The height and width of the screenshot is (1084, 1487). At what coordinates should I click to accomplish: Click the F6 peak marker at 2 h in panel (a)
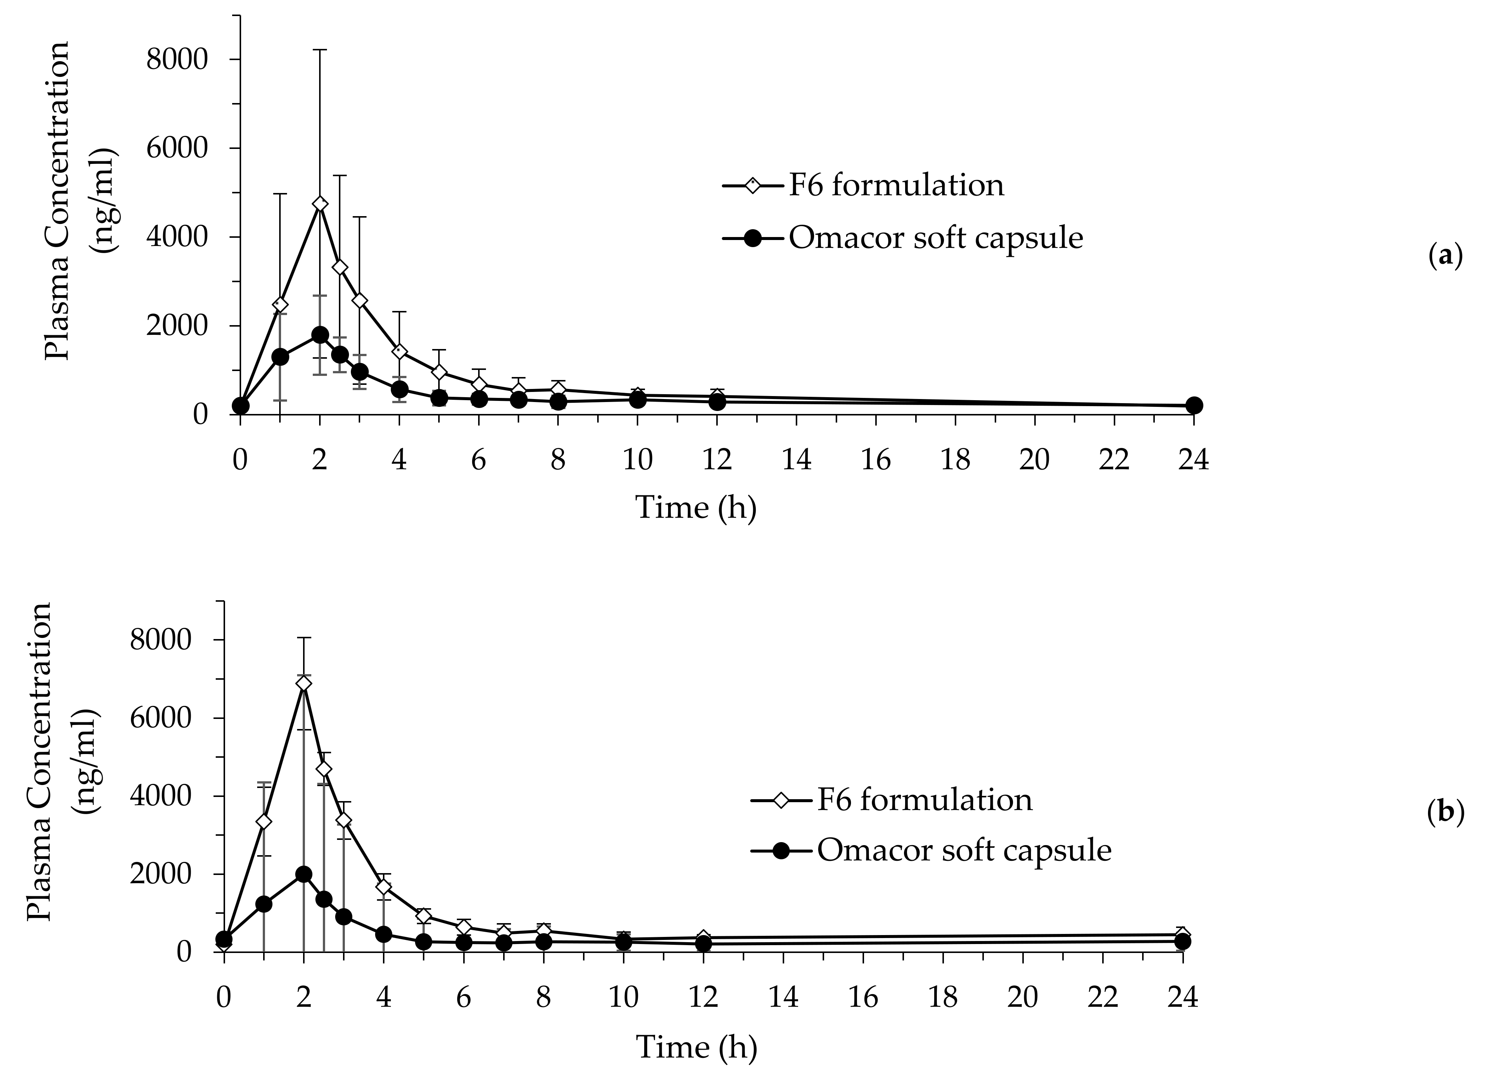tap(319, 204)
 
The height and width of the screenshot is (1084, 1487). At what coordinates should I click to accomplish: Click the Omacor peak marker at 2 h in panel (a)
tap(319, 335)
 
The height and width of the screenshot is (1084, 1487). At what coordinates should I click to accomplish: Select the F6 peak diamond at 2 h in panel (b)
tap(304, 684)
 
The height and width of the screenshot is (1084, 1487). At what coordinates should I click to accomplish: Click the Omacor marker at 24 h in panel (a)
tap(1194, 405)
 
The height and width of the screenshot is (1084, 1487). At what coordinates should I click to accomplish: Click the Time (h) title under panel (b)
tap(696, 1047)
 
